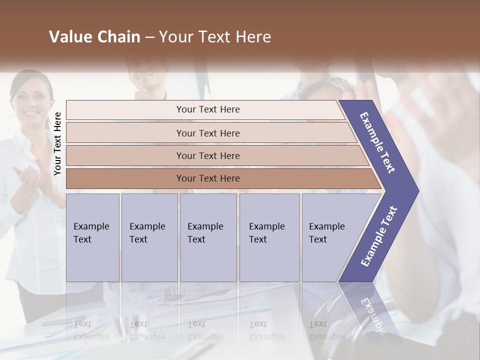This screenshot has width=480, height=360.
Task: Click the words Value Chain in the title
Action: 94,37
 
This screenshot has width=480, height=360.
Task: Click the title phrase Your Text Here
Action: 215,37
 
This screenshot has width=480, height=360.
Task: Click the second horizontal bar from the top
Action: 208,133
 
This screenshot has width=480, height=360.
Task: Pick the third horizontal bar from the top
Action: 208,155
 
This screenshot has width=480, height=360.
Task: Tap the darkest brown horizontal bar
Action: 208,178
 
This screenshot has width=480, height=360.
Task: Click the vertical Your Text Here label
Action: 57,144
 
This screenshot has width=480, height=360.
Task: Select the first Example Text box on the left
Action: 92,237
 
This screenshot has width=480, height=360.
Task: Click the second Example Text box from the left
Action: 149,237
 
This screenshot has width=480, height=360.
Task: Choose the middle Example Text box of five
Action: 208,237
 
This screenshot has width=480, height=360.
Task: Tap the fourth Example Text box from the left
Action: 269,237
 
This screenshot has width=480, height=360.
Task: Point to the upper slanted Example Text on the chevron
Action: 377,142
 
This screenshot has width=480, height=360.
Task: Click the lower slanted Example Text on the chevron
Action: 379,236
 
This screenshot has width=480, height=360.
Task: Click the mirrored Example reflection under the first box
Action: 91,336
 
